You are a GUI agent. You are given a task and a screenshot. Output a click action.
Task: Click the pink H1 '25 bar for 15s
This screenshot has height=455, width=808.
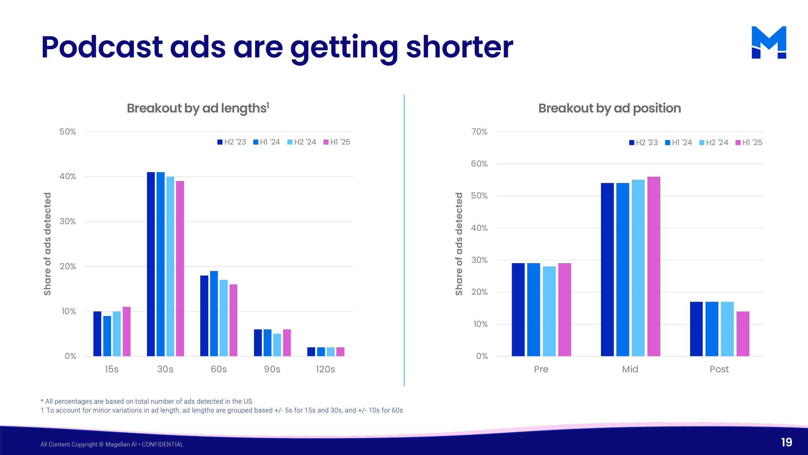coord(127,331)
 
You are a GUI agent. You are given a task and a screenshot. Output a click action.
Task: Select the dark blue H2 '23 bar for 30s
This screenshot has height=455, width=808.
coord(151,264)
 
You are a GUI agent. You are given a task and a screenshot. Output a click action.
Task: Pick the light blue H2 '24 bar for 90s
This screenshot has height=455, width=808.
coord(277,345)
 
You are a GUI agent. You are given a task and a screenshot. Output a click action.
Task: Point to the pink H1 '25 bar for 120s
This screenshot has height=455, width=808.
coord(340,352)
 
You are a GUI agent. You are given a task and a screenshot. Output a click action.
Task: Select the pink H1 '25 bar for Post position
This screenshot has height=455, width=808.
coord(743,334)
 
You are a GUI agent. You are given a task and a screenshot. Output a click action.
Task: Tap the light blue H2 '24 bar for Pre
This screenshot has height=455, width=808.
coord(549,311)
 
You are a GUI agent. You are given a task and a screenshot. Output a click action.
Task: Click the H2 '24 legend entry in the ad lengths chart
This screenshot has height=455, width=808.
coord(302,142)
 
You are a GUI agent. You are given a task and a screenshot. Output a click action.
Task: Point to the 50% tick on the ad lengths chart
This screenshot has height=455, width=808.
coord(68,132)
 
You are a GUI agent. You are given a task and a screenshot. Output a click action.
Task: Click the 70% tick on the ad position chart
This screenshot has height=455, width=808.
coord(479,132)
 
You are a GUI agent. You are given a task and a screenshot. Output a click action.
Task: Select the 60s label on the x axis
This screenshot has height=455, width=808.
coord(219,369)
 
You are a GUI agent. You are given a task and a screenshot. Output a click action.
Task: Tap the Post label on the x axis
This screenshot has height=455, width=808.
coord(719,369)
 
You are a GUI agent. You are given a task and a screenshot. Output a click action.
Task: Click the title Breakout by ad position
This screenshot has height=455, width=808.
coord(609,108)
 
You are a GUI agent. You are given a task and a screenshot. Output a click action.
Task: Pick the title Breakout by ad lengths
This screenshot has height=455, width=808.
coord(198,108)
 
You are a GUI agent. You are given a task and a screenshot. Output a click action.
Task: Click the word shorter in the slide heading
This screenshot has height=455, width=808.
coord(460,47)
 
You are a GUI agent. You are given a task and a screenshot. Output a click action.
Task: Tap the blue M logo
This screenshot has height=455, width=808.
coord(769,42)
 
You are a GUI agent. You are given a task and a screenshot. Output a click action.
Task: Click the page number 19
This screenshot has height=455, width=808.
coord(787,442)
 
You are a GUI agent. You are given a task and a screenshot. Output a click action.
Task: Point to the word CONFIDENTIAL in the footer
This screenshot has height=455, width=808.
coord(163,444)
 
